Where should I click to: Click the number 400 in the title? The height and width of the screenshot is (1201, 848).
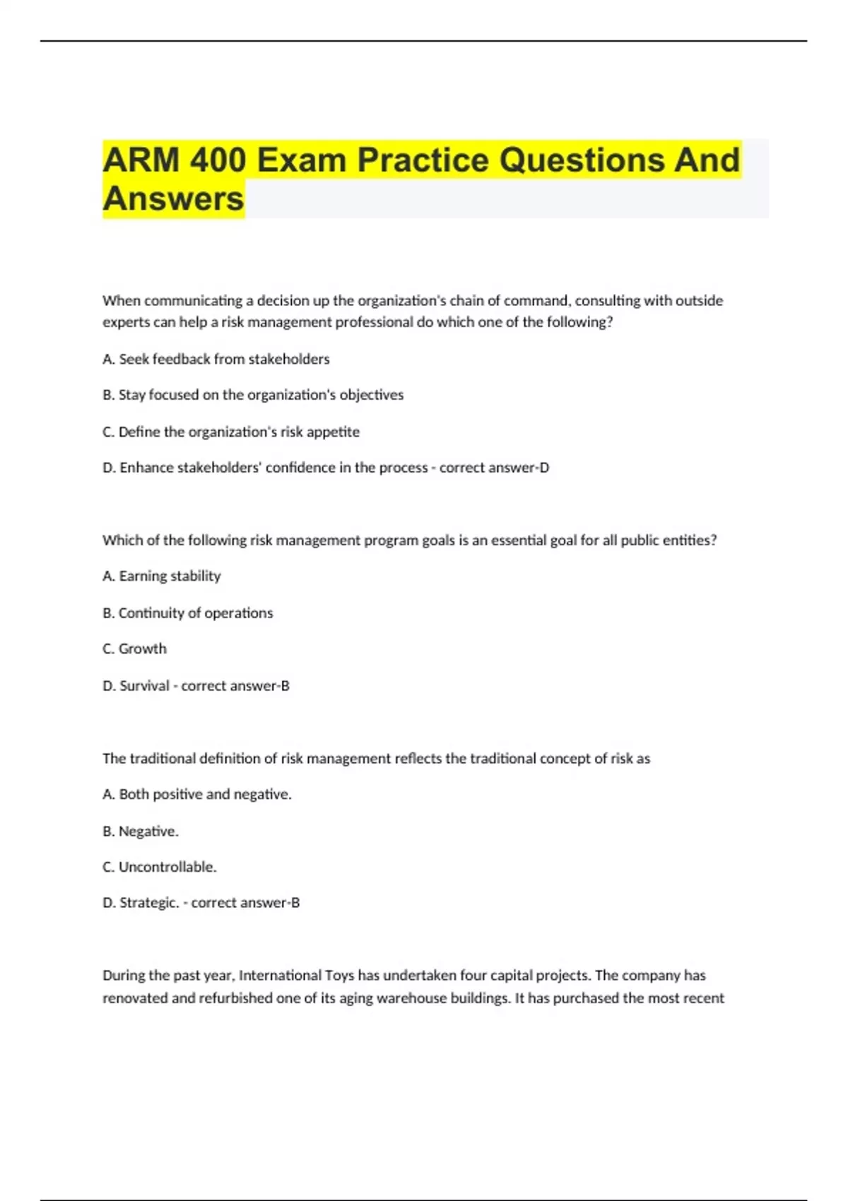coord(218,160)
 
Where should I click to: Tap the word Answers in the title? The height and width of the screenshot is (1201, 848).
coord(173,199)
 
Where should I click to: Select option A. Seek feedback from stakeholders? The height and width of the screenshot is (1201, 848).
coord(216,359)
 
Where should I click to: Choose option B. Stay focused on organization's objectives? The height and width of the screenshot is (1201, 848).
coord(253,395)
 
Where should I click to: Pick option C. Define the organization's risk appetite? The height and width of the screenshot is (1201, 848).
coord(231,432)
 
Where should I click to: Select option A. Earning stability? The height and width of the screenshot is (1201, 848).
coord(162,576)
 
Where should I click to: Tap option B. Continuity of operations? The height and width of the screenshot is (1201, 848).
coord(187,613)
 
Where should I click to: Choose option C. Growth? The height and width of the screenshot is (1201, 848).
coord(134,649)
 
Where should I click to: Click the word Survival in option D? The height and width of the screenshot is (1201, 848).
coord(144,685)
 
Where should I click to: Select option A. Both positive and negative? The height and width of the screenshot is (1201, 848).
coord(196,794)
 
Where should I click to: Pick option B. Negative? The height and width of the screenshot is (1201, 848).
coord(141,831)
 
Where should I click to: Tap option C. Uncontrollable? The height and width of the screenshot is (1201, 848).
coord(159,867)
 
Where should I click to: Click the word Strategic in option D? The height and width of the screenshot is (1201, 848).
coord(148,902)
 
